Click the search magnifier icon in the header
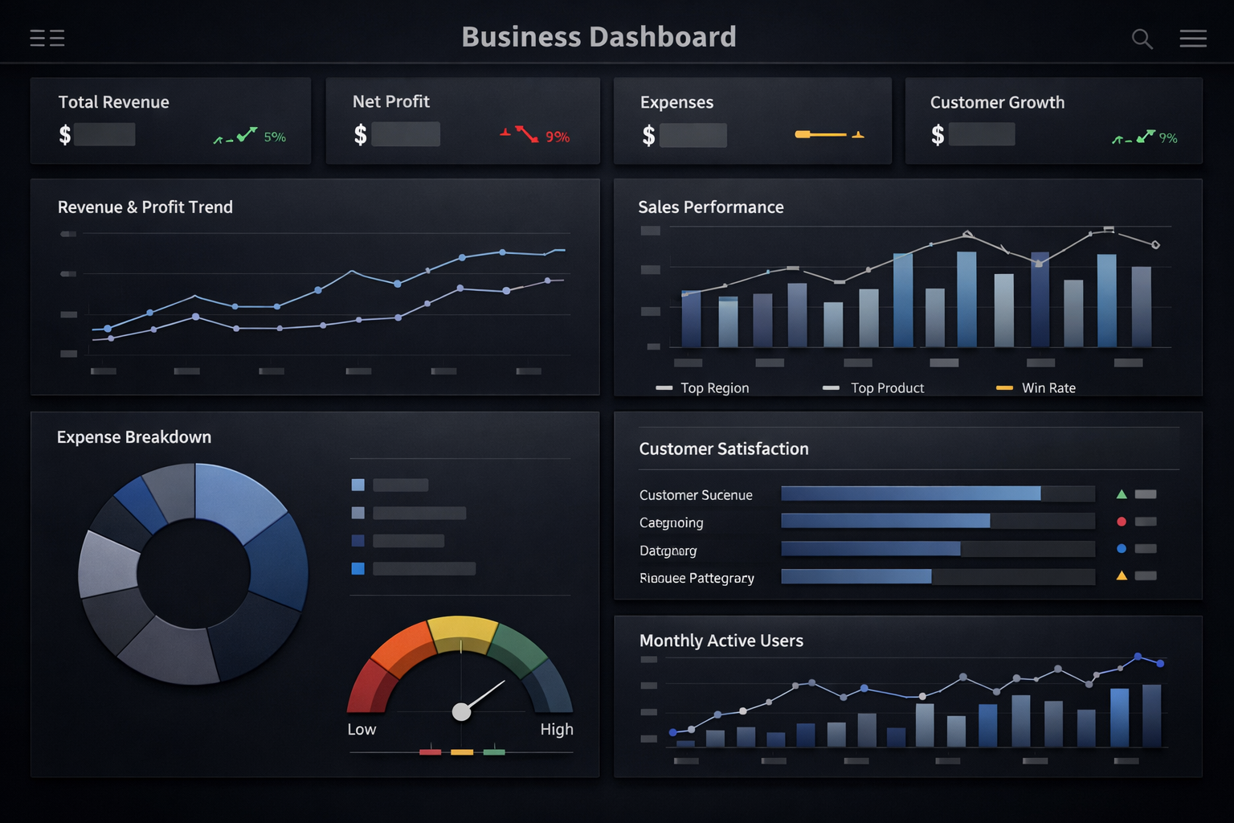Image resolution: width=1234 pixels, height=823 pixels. pyautogui.click(x=1142, y=39)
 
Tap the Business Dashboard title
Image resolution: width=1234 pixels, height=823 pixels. pyautogui.click(x=599, y=37)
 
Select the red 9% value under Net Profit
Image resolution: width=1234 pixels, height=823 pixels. pyautogui.click(x=558, y=137)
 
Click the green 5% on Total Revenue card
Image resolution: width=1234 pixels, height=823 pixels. pyautogui.click(x=275, y=137)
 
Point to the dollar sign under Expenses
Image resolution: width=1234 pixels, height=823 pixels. pyautogui.click(x=648, y=135)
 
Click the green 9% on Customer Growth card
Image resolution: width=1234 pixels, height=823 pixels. pyautogui.click(x=1168, y=138)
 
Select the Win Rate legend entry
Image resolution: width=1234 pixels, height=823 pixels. pyautogui.click(x=1048, y=388)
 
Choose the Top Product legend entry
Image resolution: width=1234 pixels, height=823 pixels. pyautogui.click(x=887, y=388)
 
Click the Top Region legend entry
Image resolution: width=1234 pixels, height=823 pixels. pyautogui.click(x=714, y=388)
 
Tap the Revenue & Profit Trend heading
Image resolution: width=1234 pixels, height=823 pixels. pyautogui.click(x=145, y=207)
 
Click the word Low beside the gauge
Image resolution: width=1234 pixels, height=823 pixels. pyautogui.click(x=362, y=730)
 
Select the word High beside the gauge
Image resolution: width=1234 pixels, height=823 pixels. pyautogui.click(x=557, y=730)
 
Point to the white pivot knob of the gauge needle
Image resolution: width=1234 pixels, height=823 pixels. pyautogui.click(x=461, y=712)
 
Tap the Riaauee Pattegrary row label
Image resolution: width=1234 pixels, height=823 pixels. pyautogui.click(x=697, y=578)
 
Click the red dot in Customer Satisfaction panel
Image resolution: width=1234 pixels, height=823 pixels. pyautogui.click(x=1122, y=522)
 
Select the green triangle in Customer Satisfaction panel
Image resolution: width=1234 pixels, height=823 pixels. pyautogui.click(x=1122, y=494)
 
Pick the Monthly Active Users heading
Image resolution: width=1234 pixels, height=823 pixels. pyautogui.click(x=721, y=641)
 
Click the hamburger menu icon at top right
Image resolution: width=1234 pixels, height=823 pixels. pyautogui.click(x=1193, y=39)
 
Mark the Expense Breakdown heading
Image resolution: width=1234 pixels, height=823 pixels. pyautogui.click(x=134, y=437)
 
